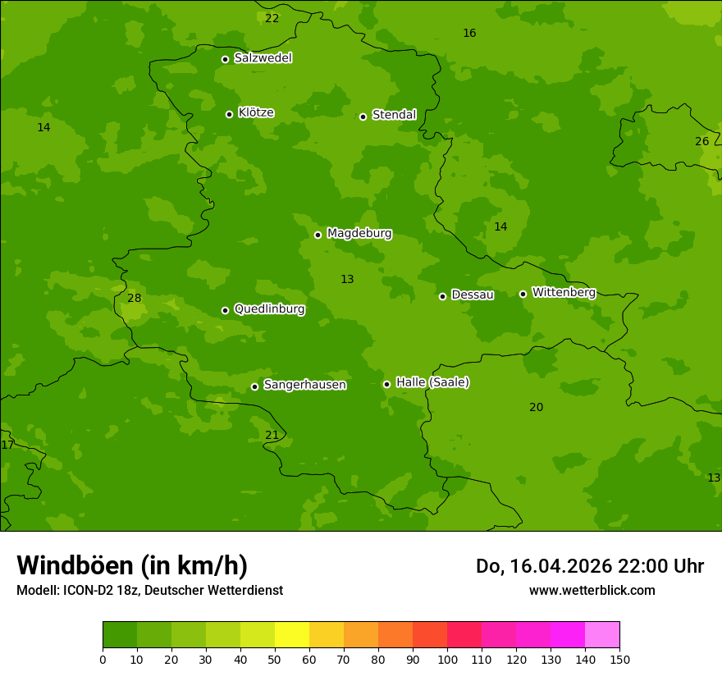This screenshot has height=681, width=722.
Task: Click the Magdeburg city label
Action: point(359,234)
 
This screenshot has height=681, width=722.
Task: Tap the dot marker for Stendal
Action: point(363,117)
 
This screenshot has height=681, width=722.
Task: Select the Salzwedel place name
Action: point(263,58)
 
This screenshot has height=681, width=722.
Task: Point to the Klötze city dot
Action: point(229,114)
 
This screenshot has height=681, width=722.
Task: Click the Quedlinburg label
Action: point(269,309)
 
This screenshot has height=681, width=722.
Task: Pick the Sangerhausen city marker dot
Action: point(254,386)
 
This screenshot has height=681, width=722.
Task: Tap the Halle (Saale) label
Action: point(432,382)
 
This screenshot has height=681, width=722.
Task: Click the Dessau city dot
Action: point(442,296)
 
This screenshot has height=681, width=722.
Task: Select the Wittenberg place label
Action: point(564,292)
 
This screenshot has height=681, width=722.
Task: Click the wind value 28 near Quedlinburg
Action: point(135,298)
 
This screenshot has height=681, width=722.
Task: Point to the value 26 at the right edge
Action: point(702,141)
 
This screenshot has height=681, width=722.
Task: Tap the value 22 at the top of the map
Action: point(272,18)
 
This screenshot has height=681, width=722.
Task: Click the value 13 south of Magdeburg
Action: point(347,279)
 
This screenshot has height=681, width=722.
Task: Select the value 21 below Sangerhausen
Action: point(272,435)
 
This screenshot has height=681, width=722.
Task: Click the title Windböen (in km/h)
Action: point(132,565)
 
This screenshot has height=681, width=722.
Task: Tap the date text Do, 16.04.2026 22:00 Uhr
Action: point(590,566)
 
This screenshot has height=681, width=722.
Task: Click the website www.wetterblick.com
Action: point(592,590)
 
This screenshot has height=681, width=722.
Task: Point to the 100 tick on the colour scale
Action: point(447,659)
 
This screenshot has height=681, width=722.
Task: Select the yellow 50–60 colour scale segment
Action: point(292,635)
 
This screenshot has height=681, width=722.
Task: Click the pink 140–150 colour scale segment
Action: point(602,635)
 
